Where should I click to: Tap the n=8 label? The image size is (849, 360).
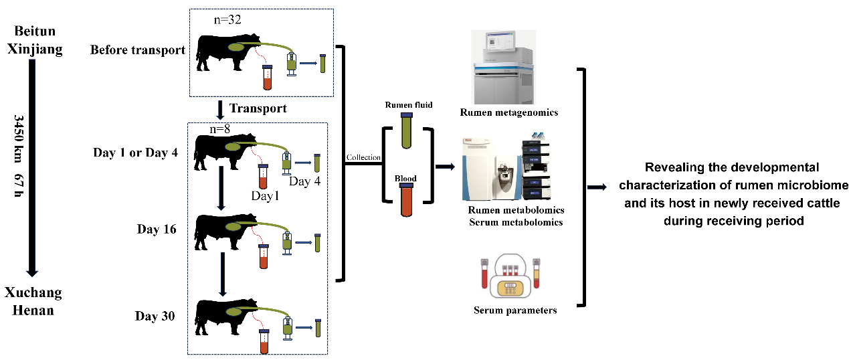coord(220,128)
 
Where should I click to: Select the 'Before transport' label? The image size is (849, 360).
coord(137,50)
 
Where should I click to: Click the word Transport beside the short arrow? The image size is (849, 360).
coord(258,108)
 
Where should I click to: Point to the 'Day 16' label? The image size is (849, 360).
coord(157,230)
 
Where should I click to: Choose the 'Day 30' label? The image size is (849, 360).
coord(155,316)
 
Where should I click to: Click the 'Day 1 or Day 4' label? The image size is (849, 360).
coord(136,153)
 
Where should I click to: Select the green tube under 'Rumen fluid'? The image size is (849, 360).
coord(406,130)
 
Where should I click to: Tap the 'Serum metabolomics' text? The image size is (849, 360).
coord(516,222)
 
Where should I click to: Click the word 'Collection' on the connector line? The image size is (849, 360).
coord(363,158)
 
